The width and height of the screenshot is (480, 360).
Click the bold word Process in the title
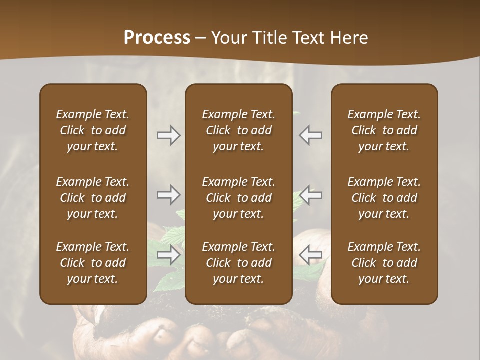coord(157,38)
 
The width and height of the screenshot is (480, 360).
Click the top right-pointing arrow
coord(168,135)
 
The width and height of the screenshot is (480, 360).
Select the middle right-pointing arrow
coord(168,195)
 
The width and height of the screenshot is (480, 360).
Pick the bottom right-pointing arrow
coord(168,255)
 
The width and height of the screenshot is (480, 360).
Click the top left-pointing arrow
coord(311,135)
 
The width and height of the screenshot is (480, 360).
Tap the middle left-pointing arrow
coord(311,195)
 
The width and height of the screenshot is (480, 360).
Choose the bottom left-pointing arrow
coord(311,255)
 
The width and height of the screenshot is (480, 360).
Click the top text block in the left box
coord(93,130)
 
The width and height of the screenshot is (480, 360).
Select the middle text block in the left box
coord(93,198)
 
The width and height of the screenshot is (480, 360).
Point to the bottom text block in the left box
coord(93,263)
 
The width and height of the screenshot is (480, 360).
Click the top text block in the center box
coord(238,130)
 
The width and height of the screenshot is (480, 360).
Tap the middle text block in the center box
coord(238,198)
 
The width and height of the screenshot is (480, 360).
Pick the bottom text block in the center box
coord(238,263)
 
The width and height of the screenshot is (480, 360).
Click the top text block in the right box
coord(384,130)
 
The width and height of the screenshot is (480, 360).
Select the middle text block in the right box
coord(384,198)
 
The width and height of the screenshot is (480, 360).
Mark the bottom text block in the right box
coord(384,263)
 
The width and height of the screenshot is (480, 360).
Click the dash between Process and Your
coord(201,38)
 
